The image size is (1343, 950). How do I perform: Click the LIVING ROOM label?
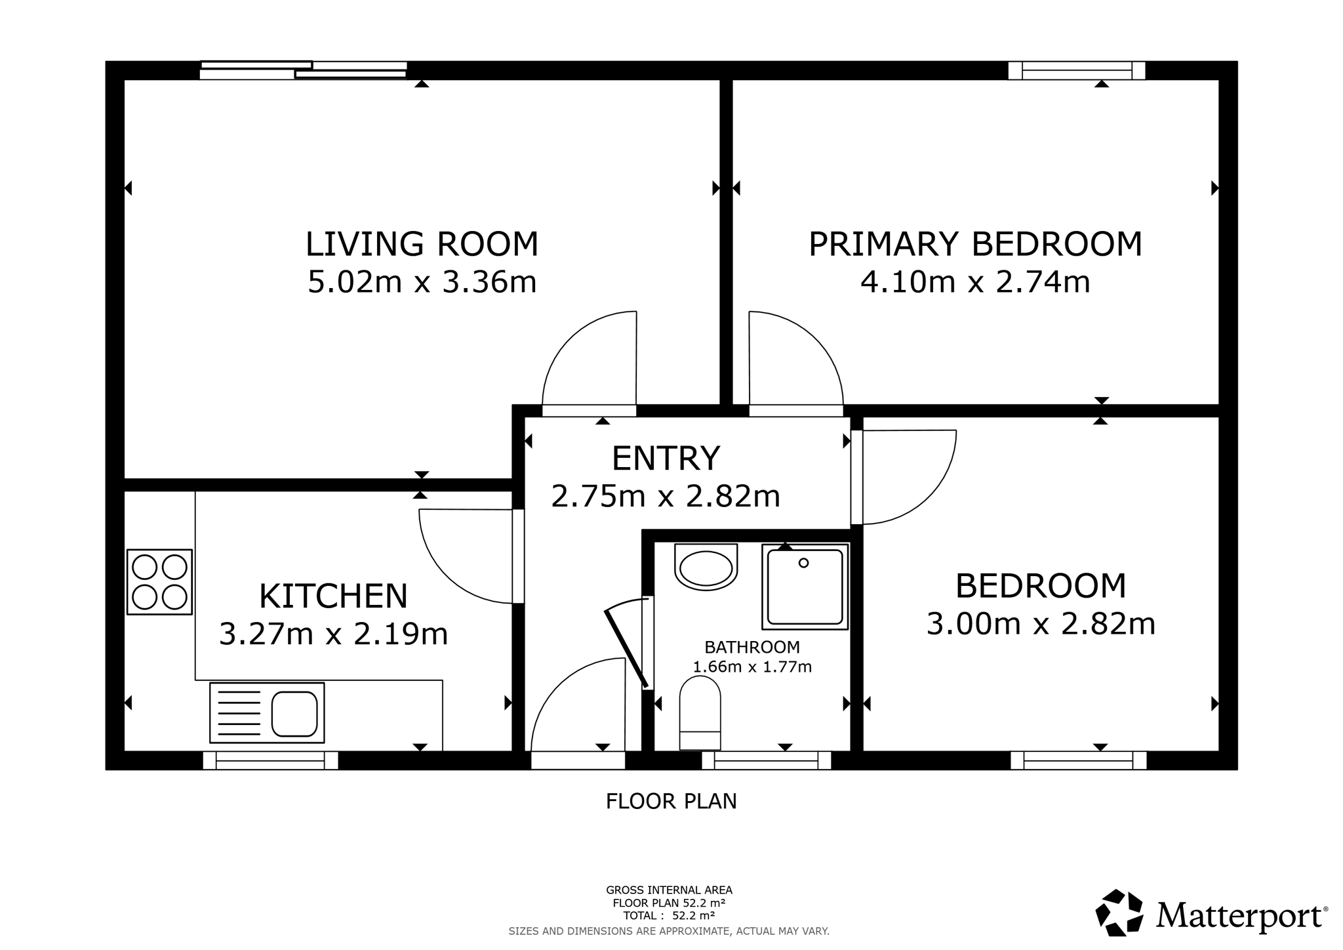(422, 243)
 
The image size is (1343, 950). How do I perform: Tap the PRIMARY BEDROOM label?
(975, 243)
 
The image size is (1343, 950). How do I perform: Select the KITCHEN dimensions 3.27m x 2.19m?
(333, 634)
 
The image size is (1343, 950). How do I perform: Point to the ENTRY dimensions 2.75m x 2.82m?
(666, 496)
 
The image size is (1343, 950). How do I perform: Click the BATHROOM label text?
(752, 647)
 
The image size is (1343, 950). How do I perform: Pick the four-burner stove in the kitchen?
(159, 582)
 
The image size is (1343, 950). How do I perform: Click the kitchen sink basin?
(294, 714)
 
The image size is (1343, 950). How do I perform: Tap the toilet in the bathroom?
(700, 713)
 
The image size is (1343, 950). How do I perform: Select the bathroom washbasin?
(706, 568)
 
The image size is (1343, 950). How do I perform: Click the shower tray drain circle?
(804, 563)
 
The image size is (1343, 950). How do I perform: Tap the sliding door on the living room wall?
(304, 70)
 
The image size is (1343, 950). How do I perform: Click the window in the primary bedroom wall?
(1077, 70)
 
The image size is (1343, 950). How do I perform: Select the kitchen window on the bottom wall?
(270, 760)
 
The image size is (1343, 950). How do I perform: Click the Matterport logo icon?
(1119, 913)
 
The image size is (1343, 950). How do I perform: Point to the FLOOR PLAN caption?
(671, 801)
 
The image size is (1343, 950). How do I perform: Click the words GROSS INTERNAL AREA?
(669, 890)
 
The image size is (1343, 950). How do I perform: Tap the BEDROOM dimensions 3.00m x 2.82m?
(1041, 623)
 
